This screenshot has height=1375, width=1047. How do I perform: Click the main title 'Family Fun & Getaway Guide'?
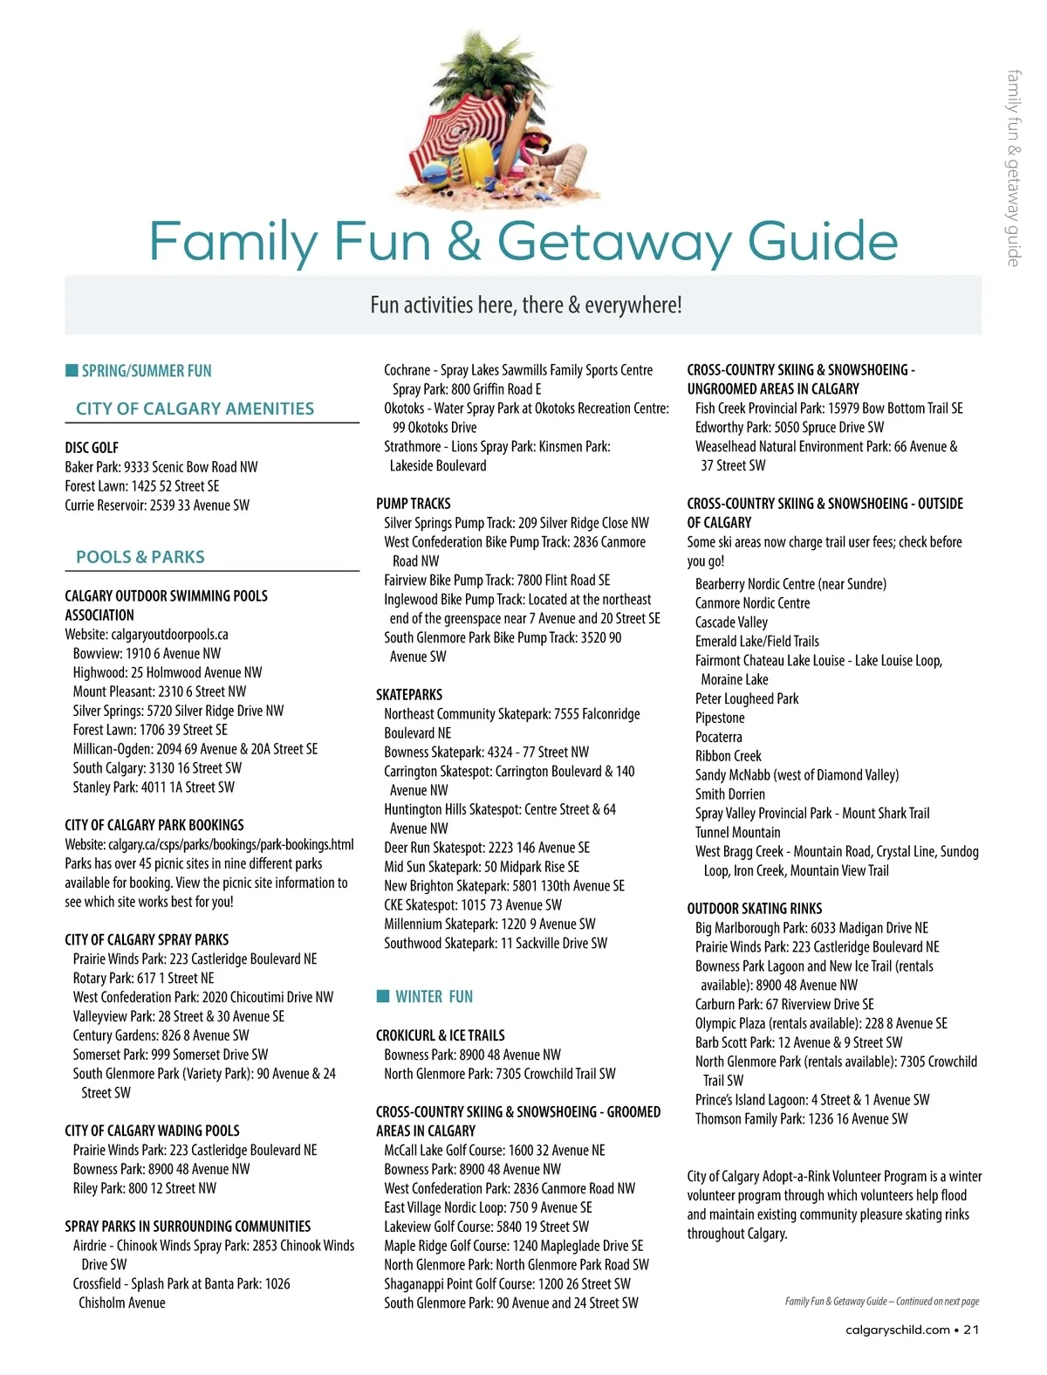[523, 242]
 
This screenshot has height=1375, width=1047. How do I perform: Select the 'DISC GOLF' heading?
[92, 448]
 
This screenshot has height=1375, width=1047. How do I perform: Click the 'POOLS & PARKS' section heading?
[140, 557]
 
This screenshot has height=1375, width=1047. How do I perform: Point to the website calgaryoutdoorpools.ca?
[168, 635]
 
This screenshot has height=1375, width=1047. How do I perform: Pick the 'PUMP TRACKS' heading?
[414, 504]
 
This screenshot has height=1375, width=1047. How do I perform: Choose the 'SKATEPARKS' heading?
[409, 695]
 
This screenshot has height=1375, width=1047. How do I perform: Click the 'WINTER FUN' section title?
[434, 997]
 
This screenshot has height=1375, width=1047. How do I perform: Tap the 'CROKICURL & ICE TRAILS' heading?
[441, 1035]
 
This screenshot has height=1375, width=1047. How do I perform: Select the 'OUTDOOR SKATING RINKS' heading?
[755, 909]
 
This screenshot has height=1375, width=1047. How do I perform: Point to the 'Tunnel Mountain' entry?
[738, 833]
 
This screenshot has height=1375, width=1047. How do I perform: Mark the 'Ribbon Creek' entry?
[729, 756]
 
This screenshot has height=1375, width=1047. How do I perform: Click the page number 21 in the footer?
[971, 1330]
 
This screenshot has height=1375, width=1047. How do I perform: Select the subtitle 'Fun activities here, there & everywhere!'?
[526, 306]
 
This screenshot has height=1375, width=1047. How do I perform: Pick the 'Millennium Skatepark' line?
[489, 924]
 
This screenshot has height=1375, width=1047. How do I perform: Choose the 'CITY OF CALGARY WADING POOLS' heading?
[152, 1131]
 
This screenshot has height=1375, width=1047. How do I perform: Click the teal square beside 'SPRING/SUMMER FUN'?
[72, 370]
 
